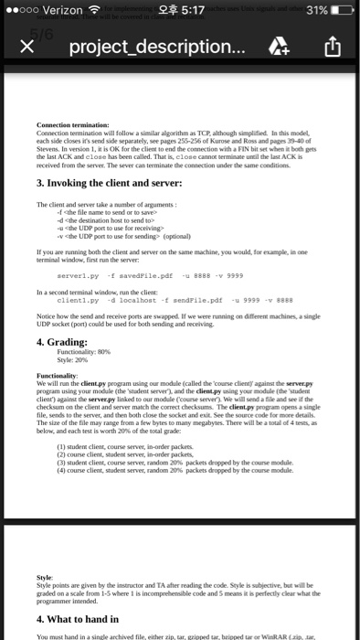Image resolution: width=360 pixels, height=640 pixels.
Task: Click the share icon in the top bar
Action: tap(333, 45)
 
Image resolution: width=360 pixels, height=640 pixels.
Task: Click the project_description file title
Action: tap(150, 46)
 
